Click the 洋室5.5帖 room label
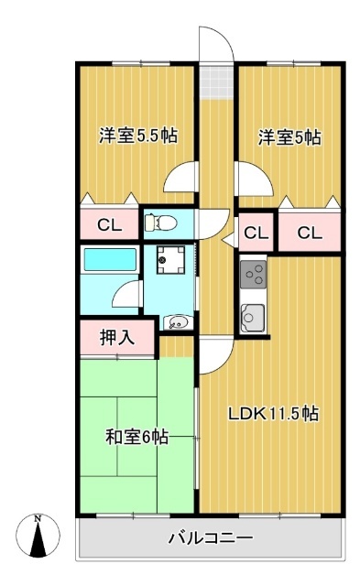click(x=137, y=136)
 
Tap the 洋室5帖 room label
click(x=289, y=137)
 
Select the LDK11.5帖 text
click(x=273, y=413)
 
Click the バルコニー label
click(x=210, y=537)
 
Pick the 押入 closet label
click(x=116, y=337)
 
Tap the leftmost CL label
click(x=109, y=224)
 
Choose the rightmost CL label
click(x=310, y=233)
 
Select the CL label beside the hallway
click(x=256, y=233)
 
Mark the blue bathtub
click(x=109, y=260)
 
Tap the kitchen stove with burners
click(x=253, y=273)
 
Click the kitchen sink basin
click(x=252, y=317)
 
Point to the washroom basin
click(x=177, y=321)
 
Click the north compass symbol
click(x=38, y=536)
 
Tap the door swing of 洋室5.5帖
click(x=182, y=176)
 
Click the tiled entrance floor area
click(x=217, y=80)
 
